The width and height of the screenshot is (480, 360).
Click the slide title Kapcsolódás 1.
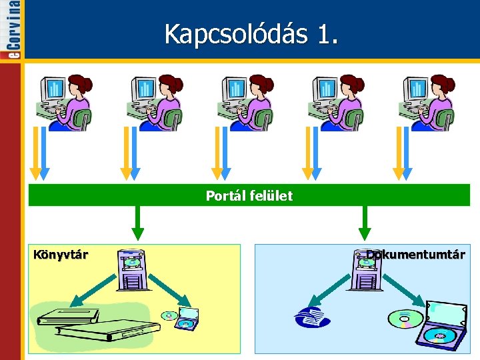click(251, 35)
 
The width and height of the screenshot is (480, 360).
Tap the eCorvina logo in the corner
click(13, 30)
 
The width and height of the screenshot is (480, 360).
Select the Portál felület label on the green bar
click(249, 196)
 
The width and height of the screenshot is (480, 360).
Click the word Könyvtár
click(61, 254)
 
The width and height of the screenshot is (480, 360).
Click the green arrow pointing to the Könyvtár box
click(137, 223)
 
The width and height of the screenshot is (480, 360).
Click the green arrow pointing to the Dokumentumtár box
click(364, 223)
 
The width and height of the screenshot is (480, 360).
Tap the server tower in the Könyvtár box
click(131, 269)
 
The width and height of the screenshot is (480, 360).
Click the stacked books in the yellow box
click(97, 324)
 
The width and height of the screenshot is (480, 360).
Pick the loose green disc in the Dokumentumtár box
click(406, 319)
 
